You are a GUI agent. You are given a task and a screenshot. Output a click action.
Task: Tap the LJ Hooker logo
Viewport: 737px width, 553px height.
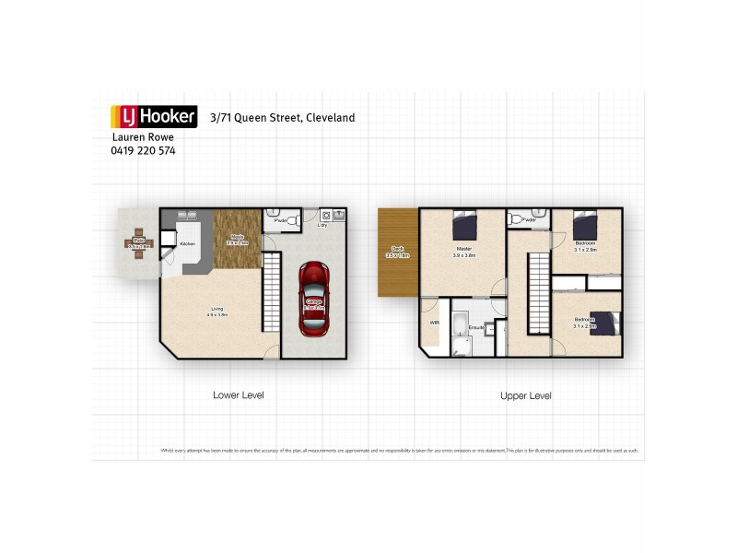154,116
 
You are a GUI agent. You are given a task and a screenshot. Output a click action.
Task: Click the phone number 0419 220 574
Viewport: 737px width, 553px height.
143,150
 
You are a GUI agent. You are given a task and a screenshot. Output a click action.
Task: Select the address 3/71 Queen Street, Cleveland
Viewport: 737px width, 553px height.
282,118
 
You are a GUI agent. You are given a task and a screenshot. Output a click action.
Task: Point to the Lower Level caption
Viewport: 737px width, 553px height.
239,394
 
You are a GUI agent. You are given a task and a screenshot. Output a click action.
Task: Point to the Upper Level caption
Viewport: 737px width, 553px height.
525,394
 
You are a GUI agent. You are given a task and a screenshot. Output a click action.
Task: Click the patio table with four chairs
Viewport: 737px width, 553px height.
138,244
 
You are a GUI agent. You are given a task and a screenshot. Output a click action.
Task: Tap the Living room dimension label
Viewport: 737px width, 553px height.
216,312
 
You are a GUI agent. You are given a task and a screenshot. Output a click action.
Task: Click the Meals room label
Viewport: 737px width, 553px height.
237,239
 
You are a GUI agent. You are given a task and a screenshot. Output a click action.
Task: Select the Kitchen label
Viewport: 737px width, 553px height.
187,243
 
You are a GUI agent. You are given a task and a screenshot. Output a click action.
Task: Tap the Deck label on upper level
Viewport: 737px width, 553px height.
398,251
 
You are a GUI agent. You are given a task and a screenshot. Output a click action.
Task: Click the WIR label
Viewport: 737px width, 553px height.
433,324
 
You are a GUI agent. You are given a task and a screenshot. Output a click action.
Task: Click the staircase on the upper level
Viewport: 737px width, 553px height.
537,295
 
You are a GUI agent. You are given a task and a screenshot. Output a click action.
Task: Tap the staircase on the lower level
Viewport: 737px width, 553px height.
271,293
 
